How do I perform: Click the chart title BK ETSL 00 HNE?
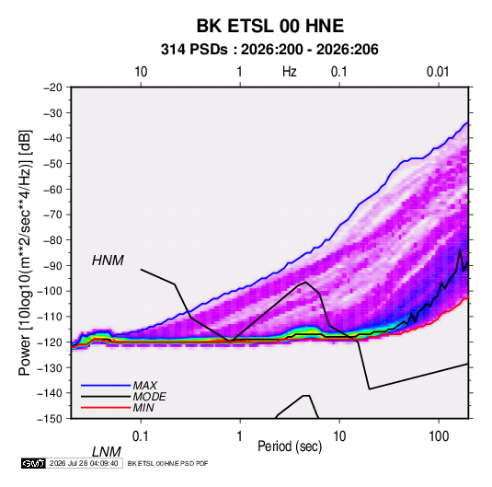pyautogui.click(x=269, y=26)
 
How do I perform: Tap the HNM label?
pyautogui.click(x=108, y=261)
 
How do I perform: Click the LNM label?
pyautogui.click(x=106, y=452)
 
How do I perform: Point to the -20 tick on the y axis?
pyautogui.click(x=53, y=87)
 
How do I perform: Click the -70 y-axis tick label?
pyautogui.click(x=53, y=215)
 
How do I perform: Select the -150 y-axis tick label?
pyautogui.click(x=51, y=419)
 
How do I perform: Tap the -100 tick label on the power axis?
pyautogui.click(x=51, y=291)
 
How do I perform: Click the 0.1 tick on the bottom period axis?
pyautogui.click(x=141, y=436)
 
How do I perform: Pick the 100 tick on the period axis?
pyautogui.click(x=439, y=436)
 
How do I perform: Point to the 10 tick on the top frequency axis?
pyautogui.click(x=141, y=72)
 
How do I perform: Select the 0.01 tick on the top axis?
pyautogui.click(x=438, y=72)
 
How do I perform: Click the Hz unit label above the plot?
pyautogui.click(x=290, y=72)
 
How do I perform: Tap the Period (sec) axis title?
pyautogui.click(x=290, y=446)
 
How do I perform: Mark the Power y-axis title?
pyautogui.click(x=25, y=252)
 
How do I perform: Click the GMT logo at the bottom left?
pyautogui.click(x=33, y=463)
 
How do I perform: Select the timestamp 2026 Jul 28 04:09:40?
pyautogui.click(x=84, y=463)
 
